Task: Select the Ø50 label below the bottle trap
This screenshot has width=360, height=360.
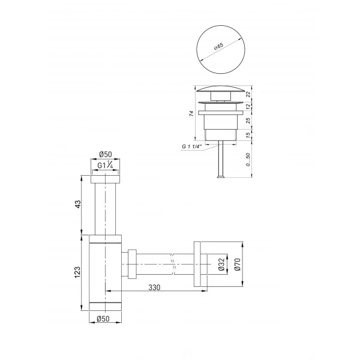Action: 105,319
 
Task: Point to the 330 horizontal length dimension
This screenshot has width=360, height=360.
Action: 155,289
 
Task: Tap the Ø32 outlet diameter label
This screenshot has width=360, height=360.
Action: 220,265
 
